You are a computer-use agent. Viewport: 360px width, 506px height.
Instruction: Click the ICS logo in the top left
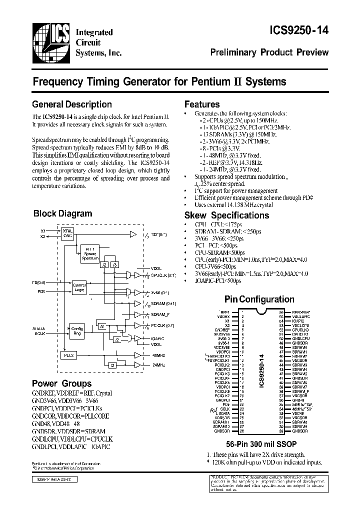pos(51,41)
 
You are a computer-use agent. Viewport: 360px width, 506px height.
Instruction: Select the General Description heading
pos(72,104)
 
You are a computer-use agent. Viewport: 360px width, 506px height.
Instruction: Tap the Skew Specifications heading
pos(226,215)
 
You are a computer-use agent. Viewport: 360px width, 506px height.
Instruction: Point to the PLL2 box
pos(68,354)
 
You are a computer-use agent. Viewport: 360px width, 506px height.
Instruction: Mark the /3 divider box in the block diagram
pos(114,264)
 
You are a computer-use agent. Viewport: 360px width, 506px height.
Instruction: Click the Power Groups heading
pos(61,383)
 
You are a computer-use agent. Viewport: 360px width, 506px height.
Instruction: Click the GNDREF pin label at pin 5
pos(223,329)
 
